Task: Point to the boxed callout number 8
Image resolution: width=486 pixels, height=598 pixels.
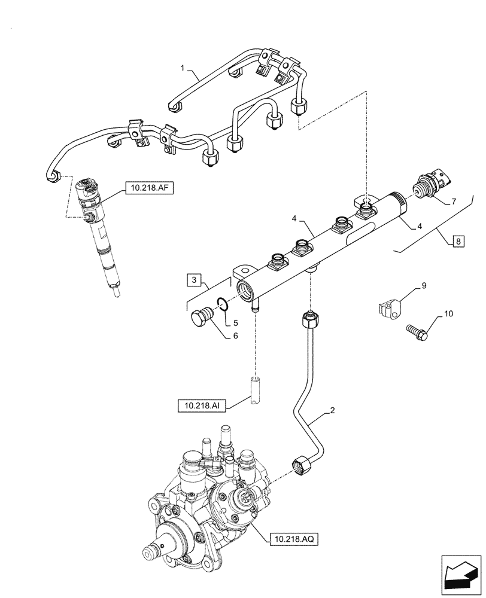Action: tap(458, 242)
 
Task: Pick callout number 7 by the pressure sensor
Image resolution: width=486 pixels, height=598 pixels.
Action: tap(452, 202)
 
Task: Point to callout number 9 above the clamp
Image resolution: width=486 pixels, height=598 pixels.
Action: tap(423, 286)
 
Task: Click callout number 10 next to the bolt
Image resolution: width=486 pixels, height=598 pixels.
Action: tap(448, 314)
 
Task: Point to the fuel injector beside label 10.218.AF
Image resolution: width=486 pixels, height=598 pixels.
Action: tap(99, 233)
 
